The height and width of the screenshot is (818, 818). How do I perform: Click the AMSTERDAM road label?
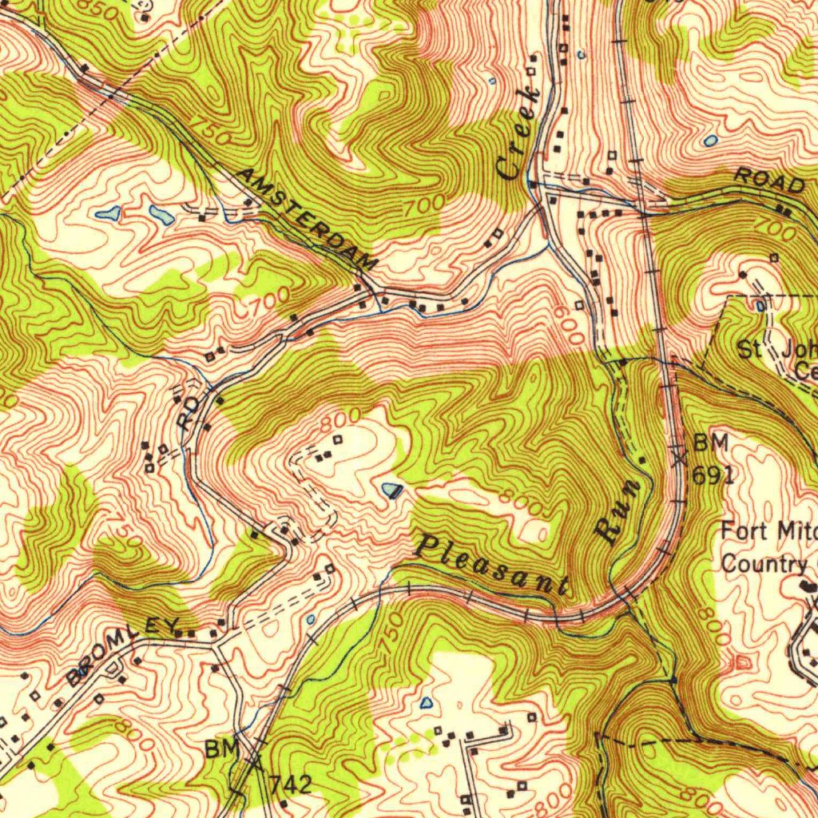click(x=308, y=219)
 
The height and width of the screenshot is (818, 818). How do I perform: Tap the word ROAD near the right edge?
click(x=769, y=181)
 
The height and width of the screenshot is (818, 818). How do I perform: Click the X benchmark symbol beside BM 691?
click(x=680, y=459)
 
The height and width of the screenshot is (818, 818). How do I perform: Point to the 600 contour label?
click(x=572, y=324)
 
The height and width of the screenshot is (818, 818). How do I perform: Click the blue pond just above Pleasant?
click(x=391, y=490)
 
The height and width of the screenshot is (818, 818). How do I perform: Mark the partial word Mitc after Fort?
click(x=798, y=530)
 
